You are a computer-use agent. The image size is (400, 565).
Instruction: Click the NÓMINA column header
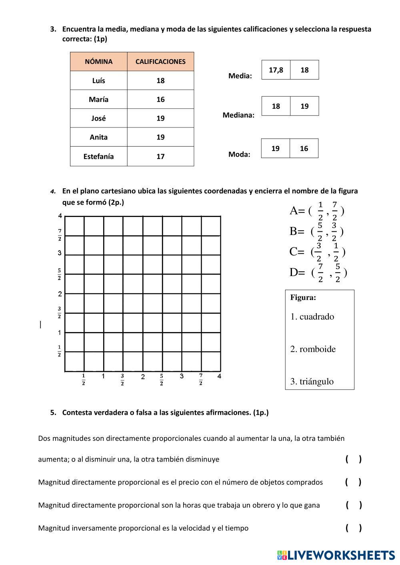(x=98, y=62)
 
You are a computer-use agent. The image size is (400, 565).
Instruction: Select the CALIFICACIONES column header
(x=160, y=62)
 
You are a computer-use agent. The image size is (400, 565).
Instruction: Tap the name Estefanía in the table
(x=98, y=156)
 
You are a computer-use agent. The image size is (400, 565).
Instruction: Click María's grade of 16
(x=160, y=99)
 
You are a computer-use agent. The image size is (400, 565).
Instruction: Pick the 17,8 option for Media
(x=276, y=70)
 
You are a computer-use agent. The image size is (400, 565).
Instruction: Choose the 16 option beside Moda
(x=304, y=149)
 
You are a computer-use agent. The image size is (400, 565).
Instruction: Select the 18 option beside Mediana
(x=276, y=106)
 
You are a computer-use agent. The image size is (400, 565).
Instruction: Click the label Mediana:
(x=238, y=115)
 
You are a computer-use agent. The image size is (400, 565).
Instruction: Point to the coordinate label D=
(x=297, y=273)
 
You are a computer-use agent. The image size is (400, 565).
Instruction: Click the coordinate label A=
(x=297, y=211)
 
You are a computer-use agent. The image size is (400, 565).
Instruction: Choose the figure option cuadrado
(x=312, y=317)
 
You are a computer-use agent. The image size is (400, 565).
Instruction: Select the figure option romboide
(x=313, y=349)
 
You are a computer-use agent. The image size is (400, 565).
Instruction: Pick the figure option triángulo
(x=312, y=382)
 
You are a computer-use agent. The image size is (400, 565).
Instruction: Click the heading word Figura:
(x=303, y=297)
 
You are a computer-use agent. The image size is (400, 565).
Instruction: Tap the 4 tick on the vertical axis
(x=60, y=216)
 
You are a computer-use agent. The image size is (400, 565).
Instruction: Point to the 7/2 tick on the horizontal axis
(x=200, y=379)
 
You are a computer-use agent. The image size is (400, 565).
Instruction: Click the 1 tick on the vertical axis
(x=60, y=332)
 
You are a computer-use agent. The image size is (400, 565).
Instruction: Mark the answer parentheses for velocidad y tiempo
(x=354, y=528)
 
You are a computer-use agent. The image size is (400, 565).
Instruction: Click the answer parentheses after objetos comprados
(x=353, y=482)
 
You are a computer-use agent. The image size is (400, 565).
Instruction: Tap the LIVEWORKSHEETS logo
(x=336, y=555)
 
